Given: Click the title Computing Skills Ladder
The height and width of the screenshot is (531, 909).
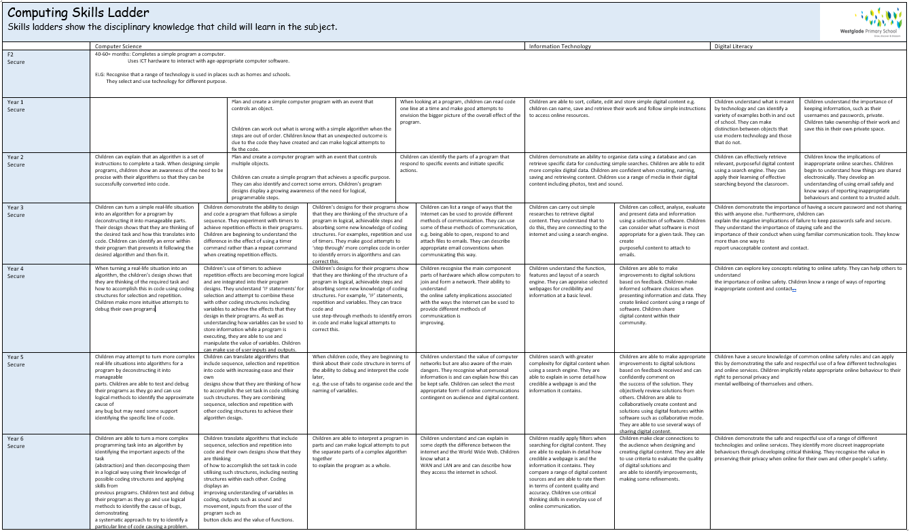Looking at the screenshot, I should point(78,13).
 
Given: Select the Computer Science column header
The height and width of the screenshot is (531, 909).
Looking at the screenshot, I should point(118,46).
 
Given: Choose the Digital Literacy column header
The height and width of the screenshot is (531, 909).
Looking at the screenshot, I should point(734,46).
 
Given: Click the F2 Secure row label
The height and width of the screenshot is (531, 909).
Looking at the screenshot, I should point(16,58).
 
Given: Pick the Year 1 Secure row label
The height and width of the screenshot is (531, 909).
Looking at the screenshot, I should point(16,105).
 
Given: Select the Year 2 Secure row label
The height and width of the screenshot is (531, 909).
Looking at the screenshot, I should point(16,160).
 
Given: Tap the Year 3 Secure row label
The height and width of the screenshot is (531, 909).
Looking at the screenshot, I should point(16,211).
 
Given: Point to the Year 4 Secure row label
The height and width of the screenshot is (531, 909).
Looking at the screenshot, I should point(16,272).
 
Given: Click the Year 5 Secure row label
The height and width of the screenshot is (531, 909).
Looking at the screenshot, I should point(16,360).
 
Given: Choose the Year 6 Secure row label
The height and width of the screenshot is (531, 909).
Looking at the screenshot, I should point(16,442).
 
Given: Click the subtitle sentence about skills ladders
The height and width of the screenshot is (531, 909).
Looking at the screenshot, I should point(172,27).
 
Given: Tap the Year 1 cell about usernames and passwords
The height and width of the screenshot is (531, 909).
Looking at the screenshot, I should point(852,115).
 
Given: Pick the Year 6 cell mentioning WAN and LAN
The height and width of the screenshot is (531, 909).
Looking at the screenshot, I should point(470,455).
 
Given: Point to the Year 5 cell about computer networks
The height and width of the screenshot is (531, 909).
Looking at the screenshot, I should point(470,377).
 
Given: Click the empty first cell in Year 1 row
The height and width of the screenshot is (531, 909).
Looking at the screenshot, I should point(160,125).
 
